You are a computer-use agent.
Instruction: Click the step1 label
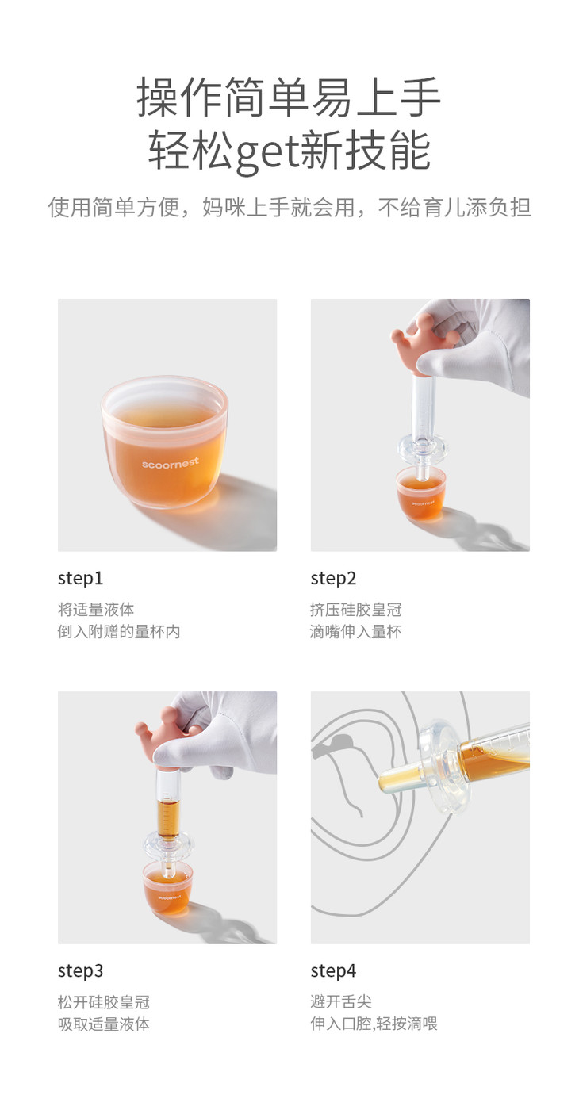[x=81, y=579]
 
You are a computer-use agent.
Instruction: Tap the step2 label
[x=333, y=579]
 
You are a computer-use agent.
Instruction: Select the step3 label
[x=81, y=971]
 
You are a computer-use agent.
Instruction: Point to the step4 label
[x=333, y=971]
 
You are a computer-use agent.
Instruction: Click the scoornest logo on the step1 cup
[x=171, y=463]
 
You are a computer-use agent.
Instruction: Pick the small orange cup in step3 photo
[x=168, y=888]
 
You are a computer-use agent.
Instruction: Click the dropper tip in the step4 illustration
[x=385, y=783]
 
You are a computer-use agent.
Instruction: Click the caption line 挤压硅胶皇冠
[x=355, y=610]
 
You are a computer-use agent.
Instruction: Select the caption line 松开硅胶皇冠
[x=104, y=1002]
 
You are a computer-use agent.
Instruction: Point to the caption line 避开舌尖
[x=341, y=1002]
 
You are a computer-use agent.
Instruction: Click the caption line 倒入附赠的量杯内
[x=119, y=632]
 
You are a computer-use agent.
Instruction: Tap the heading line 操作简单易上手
[x=289, y=97]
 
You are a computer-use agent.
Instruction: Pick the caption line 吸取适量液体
[x=104, y=1024]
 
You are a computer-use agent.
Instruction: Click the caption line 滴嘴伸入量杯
[x=355, y=632]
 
